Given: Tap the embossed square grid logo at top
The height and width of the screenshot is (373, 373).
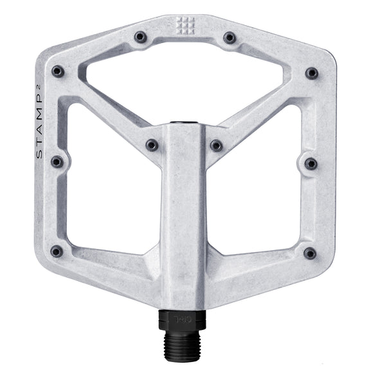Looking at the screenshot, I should (185, 25).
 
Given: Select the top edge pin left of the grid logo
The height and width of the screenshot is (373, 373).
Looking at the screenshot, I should (140, 38).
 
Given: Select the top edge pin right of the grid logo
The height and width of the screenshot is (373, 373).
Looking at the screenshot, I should (230, 38).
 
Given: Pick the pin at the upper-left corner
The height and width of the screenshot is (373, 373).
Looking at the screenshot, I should (58, 71).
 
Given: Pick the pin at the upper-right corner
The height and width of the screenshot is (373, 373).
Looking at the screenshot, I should (312, 73).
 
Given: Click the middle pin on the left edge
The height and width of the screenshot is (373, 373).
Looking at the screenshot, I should (57, 161).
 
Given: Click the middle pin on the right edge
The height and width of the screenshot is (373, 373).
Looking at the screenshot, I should (311, 163).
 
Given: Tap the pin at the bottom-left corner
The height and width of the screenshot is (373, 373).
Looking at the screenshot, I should (57, 251).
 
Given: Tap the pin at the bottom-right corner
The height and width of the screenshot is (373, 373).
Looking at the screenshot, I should (310, 253).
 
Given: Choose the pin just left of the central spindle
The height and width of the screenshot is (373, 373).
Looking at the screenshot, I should (152, 145).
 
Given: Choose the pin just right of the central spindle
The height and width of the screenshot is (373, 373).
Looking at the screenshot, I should (217, 145).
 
